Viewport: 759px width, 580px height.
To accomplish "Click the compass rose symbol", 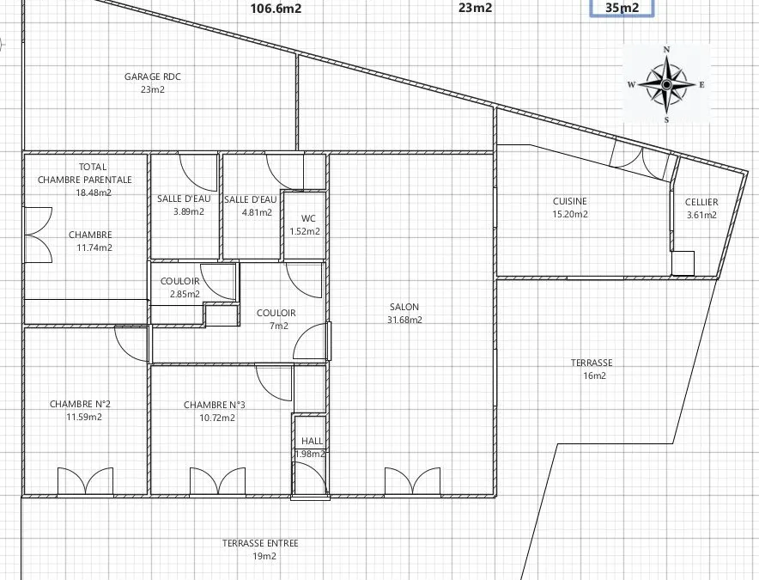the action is point(666,85).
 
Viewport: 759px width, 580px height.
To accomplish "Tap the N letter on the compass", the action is point(666,50).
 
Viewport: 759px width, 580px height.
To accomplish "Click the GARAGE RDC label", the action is point(153,76).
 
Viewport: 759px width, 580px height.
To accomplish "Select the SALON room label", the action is point(404,307).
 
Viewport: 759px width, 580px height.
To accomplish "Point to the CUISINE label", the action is point(570,201).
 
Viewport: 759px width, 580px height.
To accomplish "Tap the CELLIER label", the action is point(701,202).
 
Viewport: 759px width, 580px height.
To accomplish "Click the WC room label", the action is point(308,218).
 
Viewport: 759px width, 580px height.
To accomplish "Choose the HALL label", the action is point(312,441).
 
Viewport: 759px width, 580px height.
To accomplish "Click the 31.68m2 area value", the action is point(404,320).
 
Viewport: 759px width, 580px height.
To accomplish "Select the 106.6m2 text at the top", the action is point(276,9).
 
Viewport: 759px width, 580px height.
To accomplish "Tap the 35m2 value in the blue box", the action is point(622,8).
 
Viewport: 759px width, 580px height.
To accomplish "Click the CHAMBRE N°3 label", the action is point(215,405).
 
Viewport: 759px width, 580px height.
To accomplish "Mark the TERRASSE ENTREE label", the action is point(260,544).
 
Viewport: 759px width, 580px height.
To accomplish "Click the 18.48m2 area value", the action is point(94,192).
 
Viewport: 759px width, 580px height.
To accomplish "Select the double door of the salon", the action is point(412,481).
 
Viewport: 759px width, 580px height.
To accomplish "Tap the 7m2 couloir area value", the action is point(279,326).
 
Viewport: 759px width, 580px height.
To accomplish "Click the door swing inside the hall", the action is point(311,479).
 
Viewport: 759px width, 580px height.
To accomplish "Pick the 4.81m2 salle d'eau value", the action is point(257,212).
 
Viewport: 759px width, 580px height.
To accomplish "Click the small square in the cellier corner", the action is point(683,263).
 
